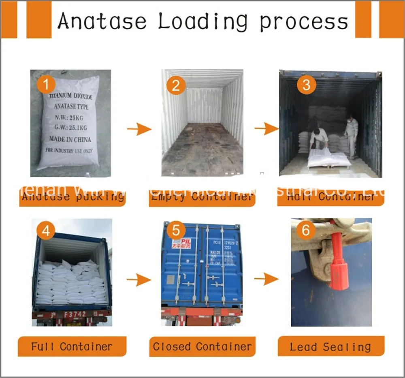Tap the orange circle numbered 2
176,85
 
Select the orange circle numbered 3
306,85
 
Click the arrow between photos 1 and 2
139,129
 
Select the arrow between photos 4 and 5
139,279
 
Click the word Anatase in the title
102,21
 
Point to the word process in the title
304,21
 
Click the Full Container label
72,347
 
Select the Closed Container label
202,347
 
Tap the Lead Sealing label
330,347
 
